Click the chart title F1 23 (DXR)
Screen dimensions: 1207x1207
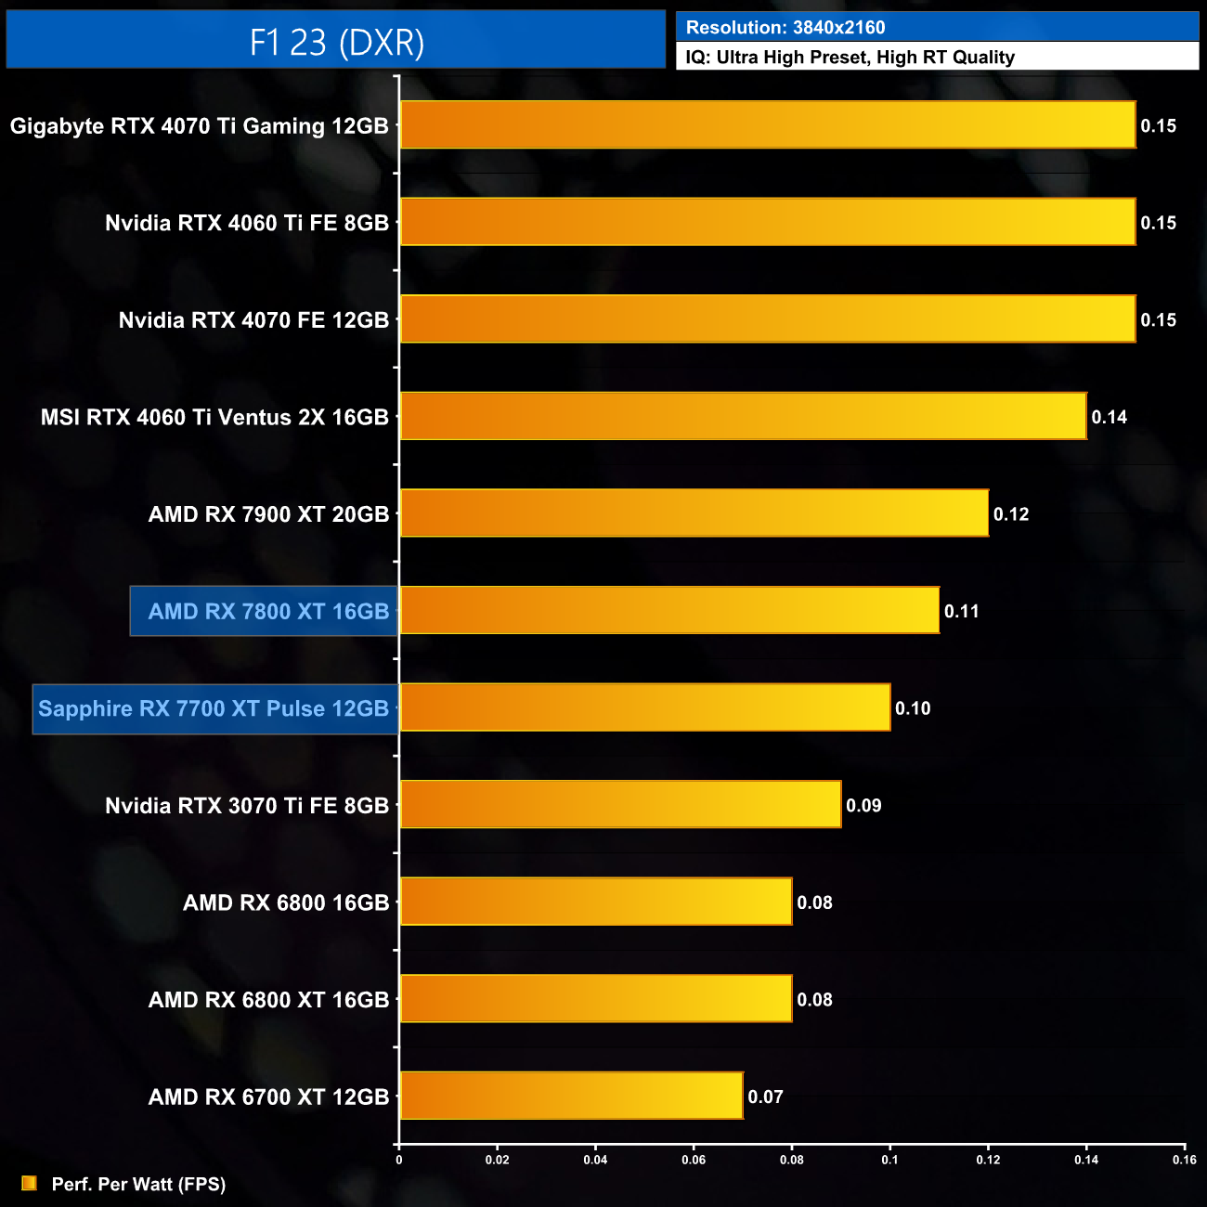point(336,42)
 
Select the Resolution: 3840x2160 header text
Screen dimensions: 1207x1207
point(785,27)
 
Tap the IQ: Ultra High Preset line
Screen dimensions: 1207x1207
point(850,57)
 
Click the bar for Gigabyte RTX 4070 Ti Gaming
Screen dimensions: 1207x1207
point(767,125)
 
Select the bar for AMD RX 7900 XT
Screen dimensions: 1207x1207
point(694,513)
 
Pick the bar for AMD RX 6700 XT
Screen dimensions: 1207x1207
point(571,1096)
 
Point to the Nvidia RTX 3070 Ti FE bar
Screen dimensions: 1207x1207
point(620,805)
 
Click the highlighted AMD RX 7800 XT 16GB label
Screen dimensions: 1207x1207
point(268,611)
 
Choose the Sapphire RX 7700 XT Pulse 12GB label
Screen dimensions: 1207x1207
point(214,708)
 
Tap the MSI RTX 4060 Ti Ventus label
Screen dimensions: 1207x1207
point(214,417)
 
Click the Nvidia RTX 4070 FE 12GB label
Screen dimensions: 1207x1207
point(253,320)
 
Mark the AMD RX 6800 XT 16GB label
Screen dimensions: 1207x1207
point(268,1000)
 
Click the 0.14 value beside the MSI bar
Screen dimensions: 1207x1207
point(1109,417)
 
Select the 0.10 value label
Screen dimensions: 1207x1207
point(913,708)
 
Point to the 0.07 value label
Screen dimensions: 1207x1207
point(765,1097)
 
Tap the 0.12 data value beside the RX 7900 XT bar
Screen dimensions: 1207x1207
point(1011,514)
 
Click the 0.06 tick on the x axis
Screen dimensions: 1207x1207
point(694,1160)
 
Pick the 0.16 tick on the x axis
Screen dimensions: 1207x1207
point(1184,1160)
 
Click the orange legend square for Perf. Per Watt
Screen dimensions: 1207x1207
point(29,1183)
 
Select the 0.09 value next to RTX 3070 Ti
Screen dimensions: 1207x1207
point(863,806)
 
